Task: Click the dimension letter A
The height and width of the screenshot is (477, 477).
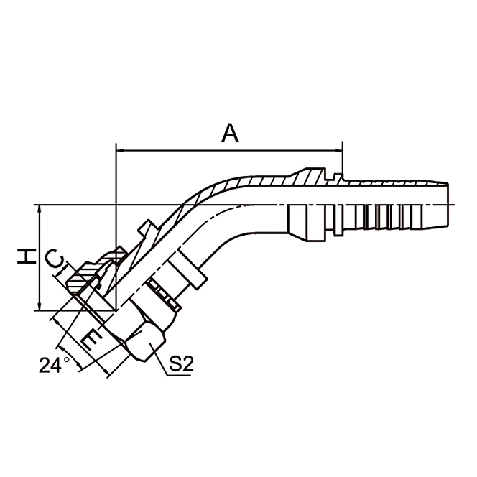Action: click(229, 133)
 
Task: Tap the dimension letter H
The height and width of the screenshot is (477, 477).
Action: click(26, 257)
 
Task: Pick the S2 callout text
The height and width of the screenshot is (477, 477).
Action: click(180, 365)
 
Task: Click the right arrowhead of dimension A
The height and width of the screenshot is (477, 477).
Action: click(338, 151)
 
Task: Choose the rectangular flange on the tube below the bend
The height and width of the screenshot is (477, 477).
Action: click(188, 269)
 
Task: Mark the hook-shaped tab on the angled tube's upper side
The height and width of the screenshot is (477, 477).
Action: click(147, 229)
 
